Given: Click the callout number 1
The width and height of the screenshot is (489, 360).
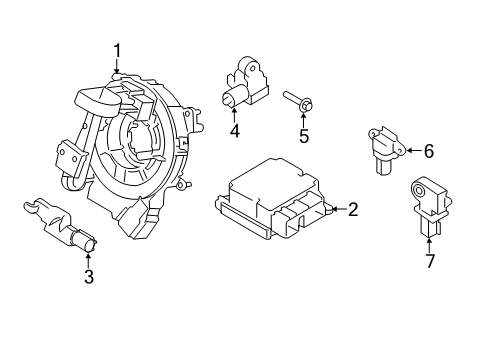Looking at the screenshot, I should coord(117,51).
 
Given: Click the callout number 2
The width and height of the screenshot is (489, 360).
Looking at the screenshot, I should coord(353,210).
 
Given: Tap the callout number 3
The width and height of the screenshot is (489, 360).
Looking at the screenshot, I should coord(88,277).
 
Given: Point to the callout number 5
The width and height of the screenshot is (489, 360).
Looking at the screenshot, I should coord(304,136).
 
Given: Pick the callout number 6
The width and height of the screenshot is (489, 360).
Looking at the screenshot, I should coord(428,152).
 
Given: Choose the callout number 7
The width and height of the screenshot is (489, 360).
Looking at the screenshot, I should coord(431,262).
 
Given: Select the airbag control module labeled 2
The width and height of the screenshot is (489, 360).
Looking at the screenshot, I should coord(270,205).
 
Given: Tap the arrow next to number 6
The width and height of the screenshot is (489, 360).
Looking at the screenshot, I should coord(412,152).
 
